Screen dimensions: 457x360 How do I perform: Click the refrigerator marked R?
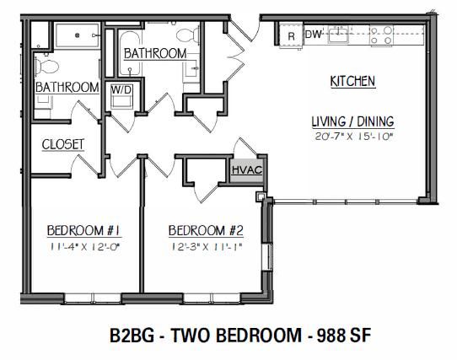pos(291,35)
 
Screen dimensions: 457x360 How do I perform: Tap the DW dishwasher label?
pos(314,35)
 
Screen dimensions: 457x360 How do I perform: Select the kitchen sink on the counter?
pos(338,35)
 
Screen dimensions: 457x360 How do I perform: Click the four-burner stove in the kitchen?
pos(381,35)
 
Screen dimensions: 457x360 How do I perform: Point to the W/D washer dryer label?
pos(121,89)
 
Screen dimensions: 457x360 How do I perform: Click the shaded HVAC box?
pos(247,170)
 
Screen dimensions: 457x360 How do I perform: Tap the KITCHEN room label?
pos(352,81)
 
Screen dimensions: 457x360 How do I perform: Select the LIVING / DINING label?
pos(353,121)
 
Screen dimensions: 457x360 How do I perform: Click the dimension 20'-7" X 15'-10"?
pos(354,137)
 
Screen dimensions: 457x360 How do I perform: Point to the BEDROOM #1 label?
pos(84,230)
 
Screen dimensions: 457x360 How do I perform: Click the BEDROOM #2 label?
pos(206,230)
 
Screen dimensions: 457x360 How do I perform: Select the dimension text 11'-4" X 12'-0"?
pos(85,247)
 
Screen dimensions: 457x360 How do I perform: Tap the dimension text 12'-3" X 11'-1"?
pos(207,247)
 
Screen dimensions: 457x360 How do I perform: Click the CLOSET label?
pos(63,144)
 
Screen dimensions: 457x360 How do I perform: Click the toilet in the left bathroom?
pos(46,67)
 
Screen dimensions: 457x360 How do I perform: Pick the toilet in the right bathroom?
pos(188,35)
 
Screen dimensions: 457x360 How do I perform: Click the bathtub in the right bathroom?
pos(130,54)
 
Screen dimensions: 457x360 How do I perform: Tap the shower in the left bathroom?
pos(78,35)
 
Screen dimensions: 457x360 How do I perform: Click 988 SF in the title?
pos(344,336)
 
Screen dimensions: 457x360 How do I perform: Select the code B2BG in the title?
pos(132,336)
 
